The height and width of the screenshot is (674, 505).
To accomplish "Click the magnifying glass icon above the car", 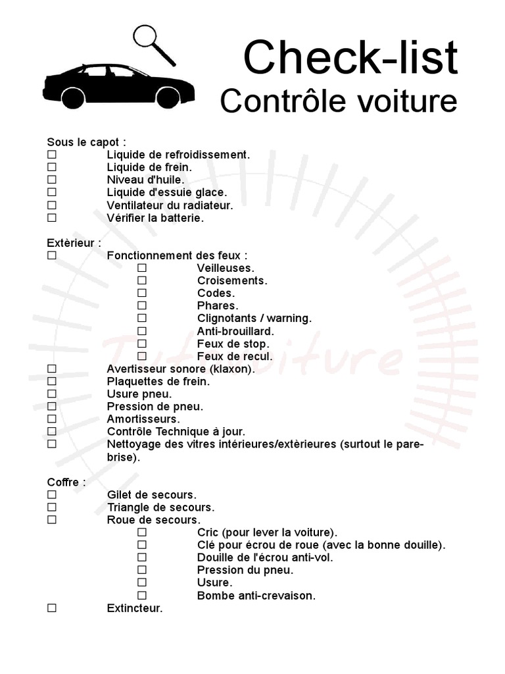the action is coord(148,38).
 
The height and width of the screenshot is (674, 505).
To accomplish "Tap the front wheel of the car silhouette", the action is coord(168,98).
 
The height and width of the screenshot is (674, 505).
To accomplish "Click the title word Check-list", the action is coord(350,57).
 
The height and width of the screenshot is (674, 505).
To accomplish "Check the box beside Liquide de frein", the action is coord(52,167).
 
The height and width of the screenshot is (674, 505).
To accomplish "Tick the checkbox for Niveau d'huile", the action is coord(52,180).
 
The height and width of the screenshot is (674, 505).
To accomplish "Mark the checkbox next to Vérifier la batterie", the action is coord(52,217).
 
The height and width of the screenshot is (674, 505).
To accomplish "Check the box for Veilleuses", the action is coord(142,268).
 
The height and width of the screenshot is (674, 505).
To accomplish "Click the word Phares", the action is coord(217,306).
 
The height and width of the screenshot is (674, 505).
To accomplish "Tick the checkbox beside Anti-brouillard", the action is coord(142,331).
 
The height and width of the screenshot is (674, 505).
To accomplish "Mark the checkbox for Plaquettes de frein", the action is coord(52,381).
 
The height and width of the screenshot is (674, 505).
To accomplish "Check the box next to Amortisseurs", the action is coord(52,419).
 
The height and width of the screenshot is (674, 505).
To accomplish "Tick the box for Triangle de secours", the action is coord(52,507).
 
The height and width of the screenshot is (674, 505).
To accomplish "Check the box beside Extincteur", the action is coord(52,609).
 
